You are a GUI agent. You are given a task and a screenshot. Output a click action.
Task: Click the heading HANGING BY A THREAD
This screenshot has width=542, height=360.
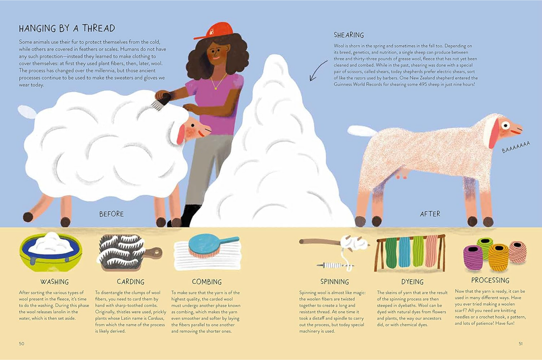coord(67,28)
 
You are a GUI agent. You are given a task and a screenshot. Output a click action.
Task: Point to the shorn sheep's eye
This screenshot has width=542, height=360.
coord(506,125)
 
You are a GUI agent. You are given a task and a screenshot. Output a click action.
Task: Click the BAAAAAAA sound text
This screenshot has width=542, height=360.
coord(516,147)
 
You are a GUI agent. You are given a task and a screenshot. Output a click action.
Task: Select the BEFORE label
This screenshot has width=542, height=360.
coord(111,214)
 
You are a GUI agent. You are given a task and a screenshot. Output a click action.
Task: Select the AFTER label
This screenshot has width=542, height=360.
coord(430,214)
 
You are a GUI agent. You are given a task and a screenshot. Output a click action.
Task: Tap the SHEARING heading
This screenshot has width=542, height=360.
coord(349,35)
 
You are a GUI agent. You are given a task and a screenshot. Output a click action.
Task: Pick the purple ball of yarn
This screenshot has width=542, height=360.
coord(473,258)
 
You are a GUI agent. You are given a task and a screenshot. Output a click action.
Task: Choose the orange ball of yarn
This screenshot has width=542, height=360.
coord(498,258)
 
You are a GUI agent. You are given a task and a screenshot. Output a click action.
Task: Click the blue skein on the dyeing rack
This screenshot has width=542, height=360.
coord(404,252)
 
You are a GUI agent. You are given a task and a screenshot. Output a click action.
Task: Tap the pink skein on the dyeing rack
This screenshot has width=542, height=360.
coord(431,250)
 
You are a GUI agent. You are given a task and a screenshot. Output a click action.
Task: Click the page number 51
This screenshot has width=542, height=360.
coord(521,343)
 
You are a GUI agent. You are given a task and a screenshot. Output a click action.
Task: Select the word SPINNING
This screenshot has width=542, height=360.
coord(335,282)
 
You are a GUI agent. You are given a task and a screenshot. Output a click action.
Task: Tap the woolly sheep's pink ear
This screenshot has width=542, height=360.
coord(180,134)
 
